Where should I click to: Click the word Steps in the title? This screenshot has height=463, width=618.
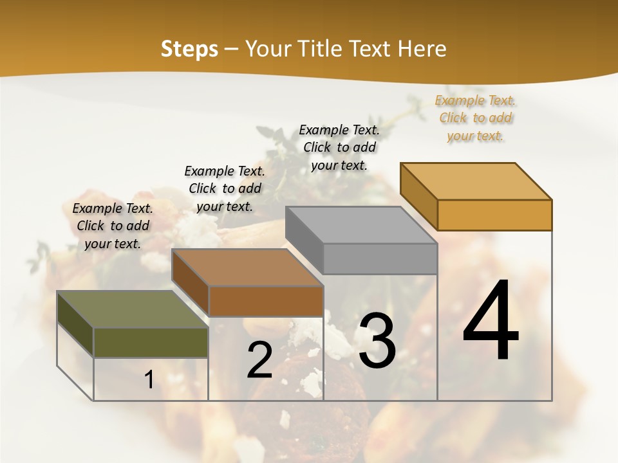[189, 49]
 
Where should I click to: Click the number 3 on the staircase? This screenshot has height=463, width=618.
[377, 341]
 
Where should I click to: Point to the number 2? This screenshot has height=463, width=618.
[259, 360]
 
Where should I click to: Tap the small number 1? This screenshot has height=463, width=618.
[149, 379]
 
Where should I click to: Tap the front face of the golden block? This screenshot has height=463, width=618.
[494, 215]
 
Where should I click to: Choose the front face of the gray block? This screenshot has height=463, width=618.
[380, 259]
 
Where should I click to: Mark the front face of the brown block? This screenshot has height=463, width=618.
[265, 301]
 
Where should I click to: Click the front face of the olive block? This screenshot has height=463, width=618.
[151, 342]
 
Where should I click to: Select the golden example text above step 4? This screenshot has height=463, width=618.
[475, 118]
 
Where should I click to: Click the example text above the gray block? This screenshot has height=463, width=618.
[339, 147]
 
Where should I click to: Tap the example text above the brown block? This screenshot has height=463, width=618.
[225, 188]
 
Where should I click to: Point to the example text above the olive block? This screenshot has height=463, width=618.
[113, 226]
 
